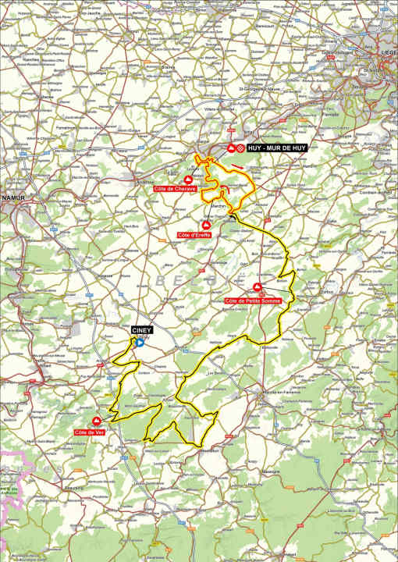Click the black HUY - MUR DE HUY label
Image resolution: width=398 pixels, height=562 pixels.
click(278, 148)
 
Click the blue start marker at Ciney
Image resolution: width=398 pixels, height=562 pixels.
click(139, 341)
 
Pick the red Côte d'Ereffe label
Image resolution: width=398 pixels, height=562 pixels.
click(194, 235)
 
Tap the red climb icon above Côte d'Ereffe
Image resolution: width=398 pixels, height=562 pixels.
click(206, 225)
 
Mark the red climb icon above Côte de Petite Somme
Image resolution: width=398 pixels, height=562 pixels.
click(258, 287)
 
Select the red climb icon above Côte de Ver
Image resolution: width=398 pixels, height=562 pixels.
click(97, 421)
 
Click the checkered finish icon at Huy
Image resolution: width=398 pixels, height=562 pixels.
click(241, 148)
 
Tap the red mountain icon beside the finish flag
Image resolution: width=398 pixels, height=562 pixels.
click(231, 148)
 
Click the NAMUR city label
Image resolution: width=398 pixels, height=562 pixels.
click(13, 198)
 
